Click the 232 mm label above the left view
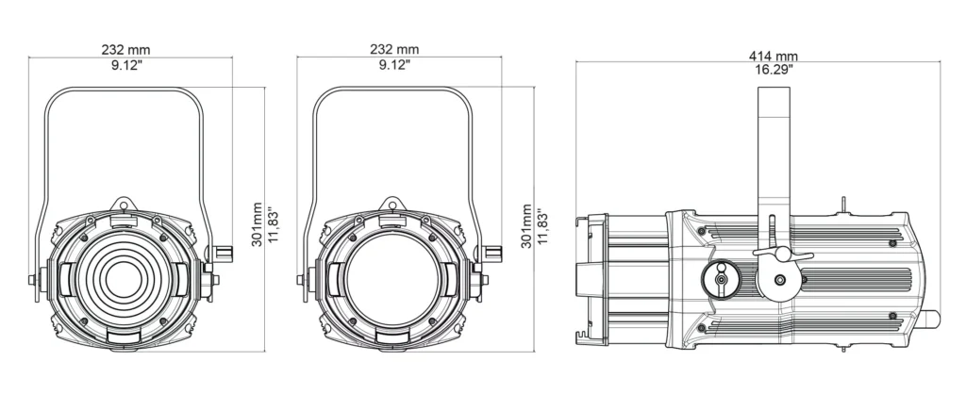125,50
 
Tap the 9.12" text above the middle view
394,65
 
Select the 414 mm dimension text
774,56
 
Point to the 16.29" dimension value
774,69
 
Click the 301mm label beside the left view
257,224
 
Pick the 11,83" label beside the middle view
541,226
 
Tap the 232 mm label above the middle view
394,50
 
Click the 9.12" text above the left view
127,65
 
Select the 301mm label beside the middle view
526,226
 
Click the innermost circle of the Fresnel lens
124,280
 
